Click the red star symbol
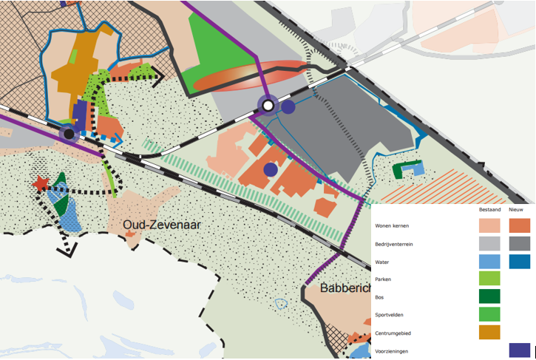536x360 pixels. [41, 183]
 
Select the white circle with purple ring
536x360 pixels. [268, 106]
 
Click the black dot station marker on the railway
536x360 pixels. [69, 134]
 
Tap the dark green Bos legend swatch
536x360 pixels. [489, 296]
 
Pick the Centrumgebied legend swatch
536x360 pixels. [489, 333]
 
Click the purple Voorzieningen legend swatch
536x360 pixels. [520, 350]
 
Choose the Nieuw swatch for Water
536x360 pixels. [520, 261]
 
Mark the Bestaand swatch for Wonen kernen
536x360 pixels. [489, 225]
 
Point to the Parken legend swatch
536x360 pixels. [489, 279]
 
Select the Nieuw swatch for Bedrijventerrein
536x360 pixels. [520, 243]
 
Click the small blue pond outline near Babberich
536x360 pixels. [280, 303]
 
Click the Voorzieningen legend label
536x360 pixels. [392, 351]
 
